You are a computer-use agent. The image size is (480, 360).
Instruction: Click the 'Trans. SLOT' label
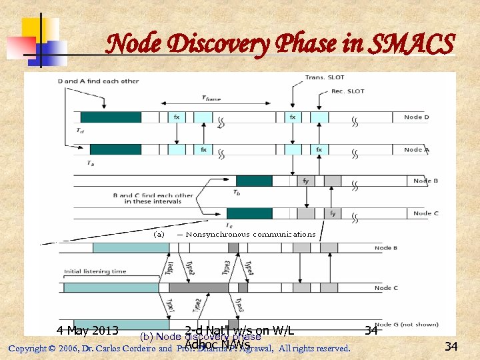tap(324, 78)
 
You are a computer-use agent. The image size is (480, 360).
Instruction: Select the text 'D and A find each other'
tap(98, 81)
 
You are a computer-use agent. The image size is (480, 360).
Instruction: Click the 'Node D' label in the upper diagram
tap(417, 117)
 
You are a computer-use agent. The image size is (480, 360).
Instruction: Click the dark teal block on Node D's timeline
tap(111, 117)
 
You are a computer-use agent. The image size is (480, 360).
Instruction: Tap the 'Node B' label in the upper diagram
tap(425, 181)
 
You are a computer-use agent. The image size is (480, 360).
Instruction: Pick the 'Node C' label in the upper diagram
tap(425, 213)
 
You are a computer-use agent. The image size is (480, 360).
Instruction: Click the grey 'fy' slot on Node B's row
tap(306, 181)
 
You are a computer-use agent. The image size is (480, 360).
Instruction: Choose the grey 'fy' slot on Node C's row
tap(333, 213)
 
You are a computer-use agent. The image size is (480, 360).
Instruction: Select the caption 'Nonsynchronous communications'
tap(250, 234)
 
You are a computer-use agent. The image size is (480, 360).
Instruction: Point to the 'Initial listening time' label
tap(95, 271)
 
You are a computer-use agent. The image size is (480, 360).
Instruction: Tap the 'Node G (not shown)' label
tap(406, 325)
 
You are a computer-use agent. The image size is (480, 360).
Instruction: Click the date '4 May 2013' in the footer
tap(87, 331)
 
